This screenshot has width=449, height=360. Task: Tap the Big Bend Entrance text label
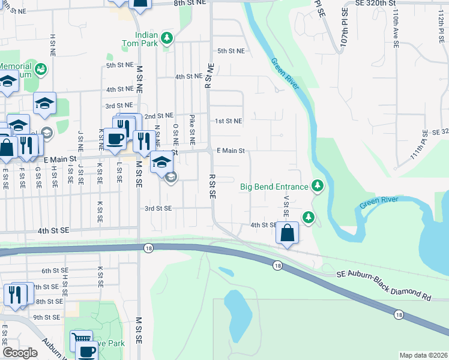click(274, 187)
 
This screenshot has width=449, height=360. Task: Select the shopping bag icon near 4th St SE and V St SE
click(288, 232)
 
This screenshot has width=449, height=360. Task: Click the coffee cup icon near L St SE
click(115, 139)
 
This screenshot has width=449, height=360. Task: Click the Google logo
click(20, 353)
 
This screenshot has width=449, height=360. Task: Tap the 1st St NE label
click(229, 121)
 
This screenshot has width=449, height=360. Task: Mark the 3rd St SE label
click(158, 208)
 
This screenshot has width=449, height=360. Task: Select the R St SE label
click(212, 187)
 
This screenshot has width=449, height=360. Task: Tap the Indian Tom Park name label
click(147, 39)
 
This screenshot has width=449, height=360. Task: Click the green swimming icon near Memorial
click(41, 70)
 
